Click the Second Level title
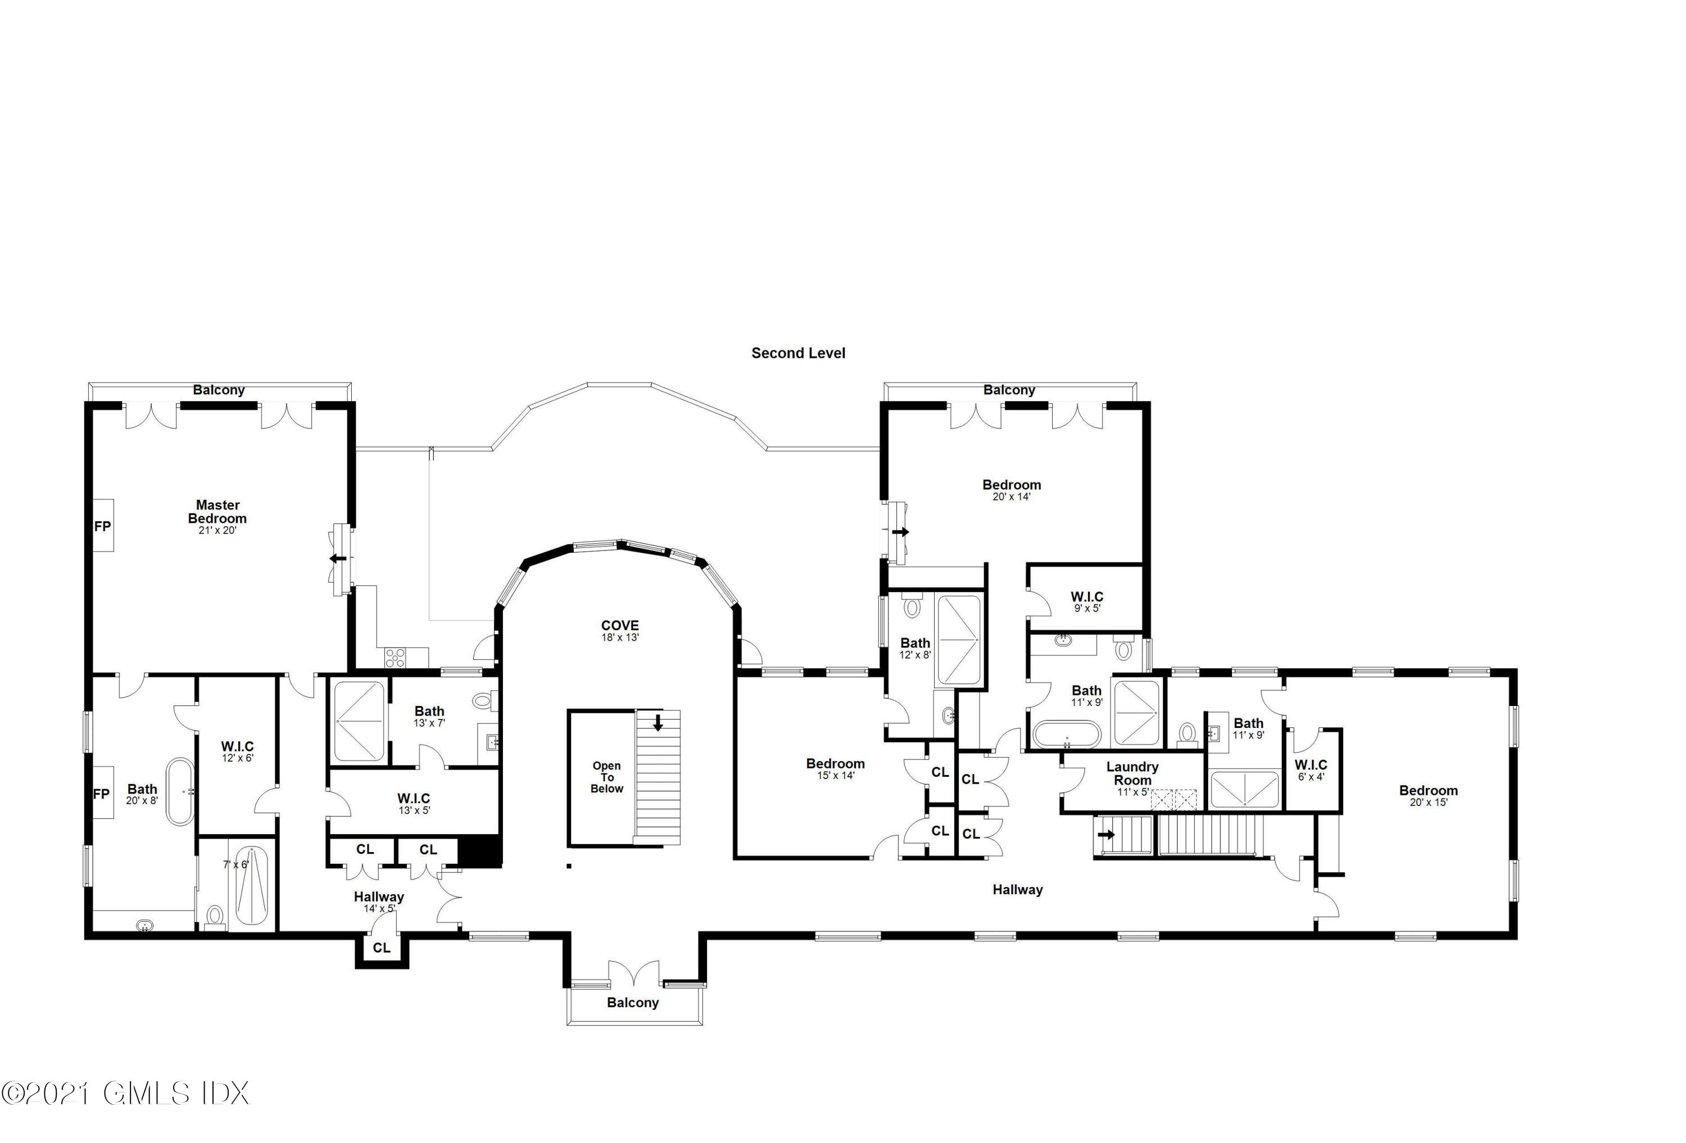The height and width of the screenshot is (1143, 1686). coord(798,353)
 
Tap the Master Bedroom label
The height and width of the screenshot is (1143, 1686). coord(217,511)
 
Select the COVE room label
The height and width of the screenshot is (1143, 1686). coord(619,625)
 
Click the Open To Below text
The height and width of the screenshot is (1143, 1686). coord(606,777)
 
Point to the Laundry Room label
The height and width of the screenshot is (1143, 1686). coord(1132,773)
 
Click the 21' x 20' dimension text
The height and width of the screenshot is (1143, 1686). coord(217,530)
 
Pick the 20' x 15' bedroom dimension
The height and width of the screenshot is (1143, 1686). coord(1427,802)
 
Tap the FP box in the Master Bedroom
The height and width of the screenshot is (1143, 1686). coord(103,526)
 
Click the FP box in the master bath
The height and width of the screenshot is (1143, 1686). coord(102,794)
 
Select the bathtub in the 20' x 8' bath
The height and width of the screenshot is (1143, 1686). coord(180,791)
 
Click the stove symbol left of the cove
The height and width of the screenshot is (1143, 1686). coord(396,658)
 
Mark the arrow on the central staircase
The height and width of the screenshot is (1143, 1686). coord(658,723)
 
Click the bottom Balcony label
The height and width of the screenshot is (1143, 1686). coord(633,1002)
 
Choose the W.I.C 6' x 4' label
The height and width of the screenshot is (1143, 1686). coord(1310,765)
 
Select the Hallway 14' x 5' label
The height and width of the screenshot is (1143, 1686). coord(379,897)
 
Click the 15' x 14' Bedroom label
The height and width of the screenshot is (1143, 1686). coord(835,764)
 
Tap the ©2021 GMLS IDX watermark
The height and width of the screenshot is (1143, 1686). coord(125,1093)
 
